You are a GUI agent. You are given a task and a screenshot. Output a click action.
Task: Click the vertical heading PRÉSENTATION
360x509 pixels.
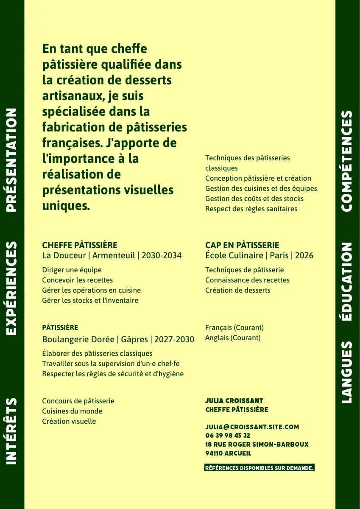[11, 159]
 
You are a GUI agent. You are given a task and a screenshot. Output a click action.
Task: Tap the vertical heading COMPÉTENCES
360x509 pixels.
[347, 161]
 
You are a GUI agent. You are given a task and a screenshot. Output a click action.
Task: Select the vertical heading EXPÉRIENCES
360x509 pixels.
[11, 288]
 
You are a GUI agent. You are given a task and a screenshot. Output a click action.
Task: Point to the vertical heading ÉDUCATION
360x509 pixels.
[347, 282]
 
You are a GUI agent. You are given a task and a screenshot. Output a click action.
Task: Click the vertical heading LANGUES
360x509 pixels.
[347, 372]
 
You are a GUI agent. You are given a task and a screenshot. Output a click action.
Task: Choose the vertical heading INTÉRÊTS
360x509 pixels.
[11, 431]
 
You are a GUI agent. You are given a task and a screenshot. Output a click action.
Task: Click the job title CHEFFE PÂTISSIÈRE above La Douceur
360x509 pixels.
[80, 245]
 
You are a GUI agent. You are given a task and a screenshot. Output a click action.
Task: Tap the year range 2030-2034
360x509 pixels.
[162, 255]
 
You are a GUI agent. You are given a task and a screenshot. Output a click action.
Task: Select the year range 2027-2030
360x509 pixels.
[174, 339]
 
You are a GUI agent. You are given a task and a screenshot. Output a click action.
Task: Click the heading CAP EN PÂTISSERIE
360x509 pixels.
[242, 245]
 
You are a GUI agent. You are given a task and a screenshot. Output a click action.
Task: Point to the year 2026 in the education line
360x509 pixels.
[304, 255]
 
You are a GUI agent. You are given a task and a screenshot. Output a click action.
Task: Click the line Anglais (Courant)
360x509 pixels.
[233, 338]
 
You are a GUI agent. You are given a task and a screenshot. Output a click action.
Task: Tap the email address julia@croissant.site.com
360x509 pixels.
[252, 427]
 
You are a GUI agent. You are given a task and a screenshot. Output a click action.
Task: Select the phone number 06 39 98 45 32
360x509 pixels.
[227, 436]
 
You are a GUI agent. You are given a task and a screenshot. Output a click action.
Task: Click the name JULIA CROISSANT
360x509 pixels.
[234, 401]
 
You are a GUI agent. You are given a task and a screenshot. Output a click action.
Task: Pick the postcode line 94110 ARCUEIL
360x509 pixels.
[228, 453]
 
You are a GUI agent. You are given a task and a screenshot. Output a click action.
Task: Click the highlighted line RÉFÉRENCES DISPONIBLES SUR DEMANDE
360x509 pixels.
[259, 468]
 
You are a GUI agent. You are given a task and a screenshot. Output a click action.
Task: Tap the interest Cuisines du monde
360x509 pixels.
[72, 411]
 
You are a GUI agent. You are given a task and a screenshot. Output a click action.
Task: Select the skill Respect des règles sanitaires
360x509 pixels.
[251, 209]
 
